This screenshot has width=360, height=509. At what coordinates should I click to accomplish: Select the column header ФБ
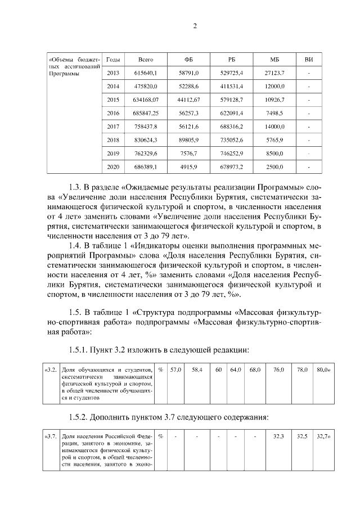(188, 60)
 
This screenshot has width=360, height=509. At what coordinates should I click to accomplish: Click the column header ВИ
(309, 60)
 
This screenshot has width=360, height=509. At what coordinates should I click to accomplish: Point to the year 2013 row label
(113, 73)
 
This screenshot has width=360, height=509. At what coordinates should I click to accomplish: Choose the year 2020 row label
(113, 167)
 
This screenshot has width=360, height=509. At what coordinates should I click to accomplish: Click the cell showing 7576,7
(188, 154)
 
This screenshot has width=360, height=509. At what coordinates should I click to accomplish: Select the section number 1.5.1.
(81, 349)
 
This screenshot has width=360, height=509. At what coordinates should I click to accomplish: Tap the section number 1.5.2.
(81, 417)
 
